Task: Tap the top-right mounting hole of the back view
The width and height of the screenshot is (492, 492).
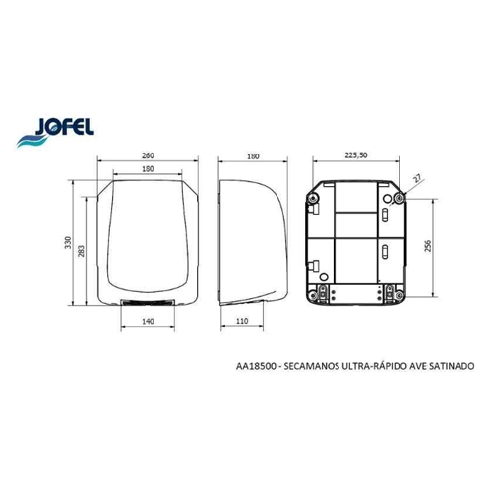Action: (x=399, y=198)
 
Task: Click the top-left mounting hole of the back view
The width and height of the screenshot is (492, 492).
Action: (x=314, y=198)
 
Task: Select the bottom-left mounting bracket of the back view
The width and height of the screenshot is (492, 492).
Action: (x=323, y=292)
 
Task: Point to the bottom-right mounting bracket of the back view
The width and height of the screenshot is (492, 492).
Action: (x=391, y=292)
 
